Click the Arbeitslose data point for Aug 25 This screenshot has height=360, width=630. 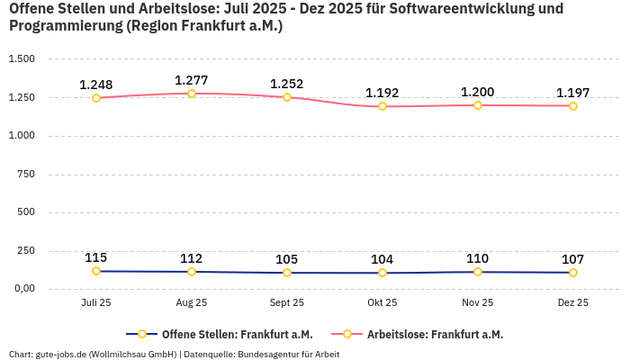192,94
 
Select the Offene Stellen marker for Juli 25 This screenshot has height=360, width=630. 96,271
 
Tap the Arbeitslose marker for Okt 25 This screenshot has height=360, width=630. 382,106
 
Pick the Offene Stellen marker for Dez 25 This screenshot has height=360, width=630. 573,273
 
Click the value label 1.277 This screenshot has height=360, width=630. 192,80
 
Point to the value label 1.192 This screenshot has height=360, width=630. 382,93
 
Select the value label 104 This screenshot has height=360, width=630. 382,259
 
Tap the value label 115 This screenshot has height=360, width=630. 96,257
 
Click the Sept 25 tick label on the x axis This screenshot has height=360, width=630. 287,303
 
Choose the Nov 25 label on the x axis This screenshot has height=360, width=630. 478,303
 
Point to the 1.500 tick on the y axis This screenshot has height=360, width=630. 22,58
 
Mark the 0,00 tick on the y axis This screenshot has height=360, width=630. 23,289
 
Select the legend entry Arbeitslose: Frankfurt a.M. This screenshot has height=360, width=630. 435,335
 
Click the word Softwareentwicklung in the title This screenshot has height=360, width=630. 467,9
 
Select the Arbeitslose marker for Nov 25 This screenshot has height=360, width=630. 478,105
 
